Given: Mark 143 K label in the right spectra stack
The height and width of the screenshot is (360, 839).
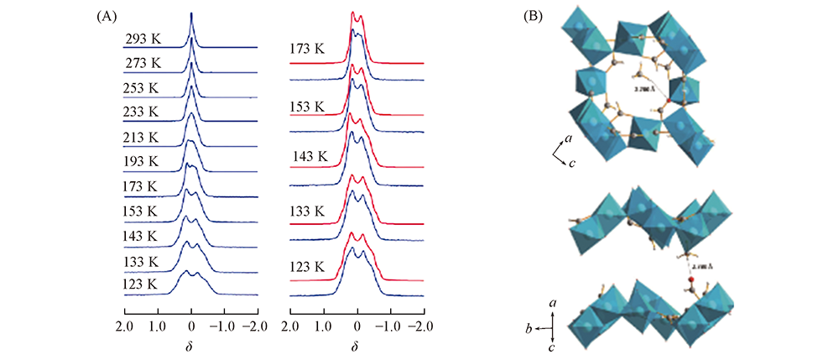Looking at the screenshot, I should (x=310, y=155).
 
